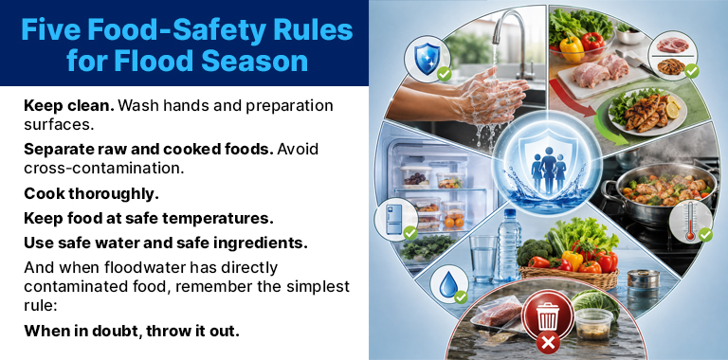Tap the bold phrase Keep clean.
tap(68, 105)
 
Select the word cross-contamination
tap(104, 168)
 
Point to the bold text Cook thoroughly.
tap(91, 194)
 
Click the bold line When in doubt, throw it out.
tap(132, 331)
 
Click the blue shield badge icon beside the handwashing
tap(427, 59)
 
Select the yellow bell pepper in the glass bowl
tap(572, 49)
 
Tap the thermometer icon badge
tap(691, 222)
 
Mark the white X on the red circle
tap(547, 344)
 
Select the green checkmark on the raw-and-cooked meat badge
tap(692, 71)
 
